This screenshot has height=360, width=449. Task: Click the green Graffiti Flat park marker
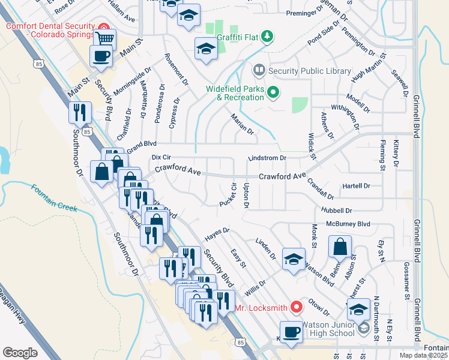pyautogui.click(x=267, y=36)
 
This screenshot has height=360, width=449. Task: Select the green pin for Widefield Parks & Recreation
pyautogui.click(x=274, y=92)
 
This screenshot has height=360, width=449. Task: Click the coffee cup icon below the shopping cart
pyautogui.click(x=101, y=56)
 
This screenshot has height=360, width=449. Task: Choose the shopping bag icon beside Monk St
pyautogui.click(x=340, y=247)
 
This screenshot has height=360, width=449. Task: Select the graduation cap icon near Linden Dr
pyautogui.click(x=294, y=259)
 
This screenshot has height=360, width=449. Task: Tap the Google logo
pyautogui.click(x=20, y=353)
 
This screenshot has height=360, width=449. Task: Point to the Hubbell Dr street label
pyautogui.click(x=337, y=211)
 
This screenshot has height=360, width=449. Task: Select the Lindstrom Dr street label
pyautogui.click(x=268, y=158)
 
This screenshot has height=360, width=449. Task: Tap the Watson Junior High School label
pyautogui.click(x=328, y=329)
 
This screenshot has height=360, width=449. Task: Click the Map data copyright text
pyautogui.click(x=423, y=355)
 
